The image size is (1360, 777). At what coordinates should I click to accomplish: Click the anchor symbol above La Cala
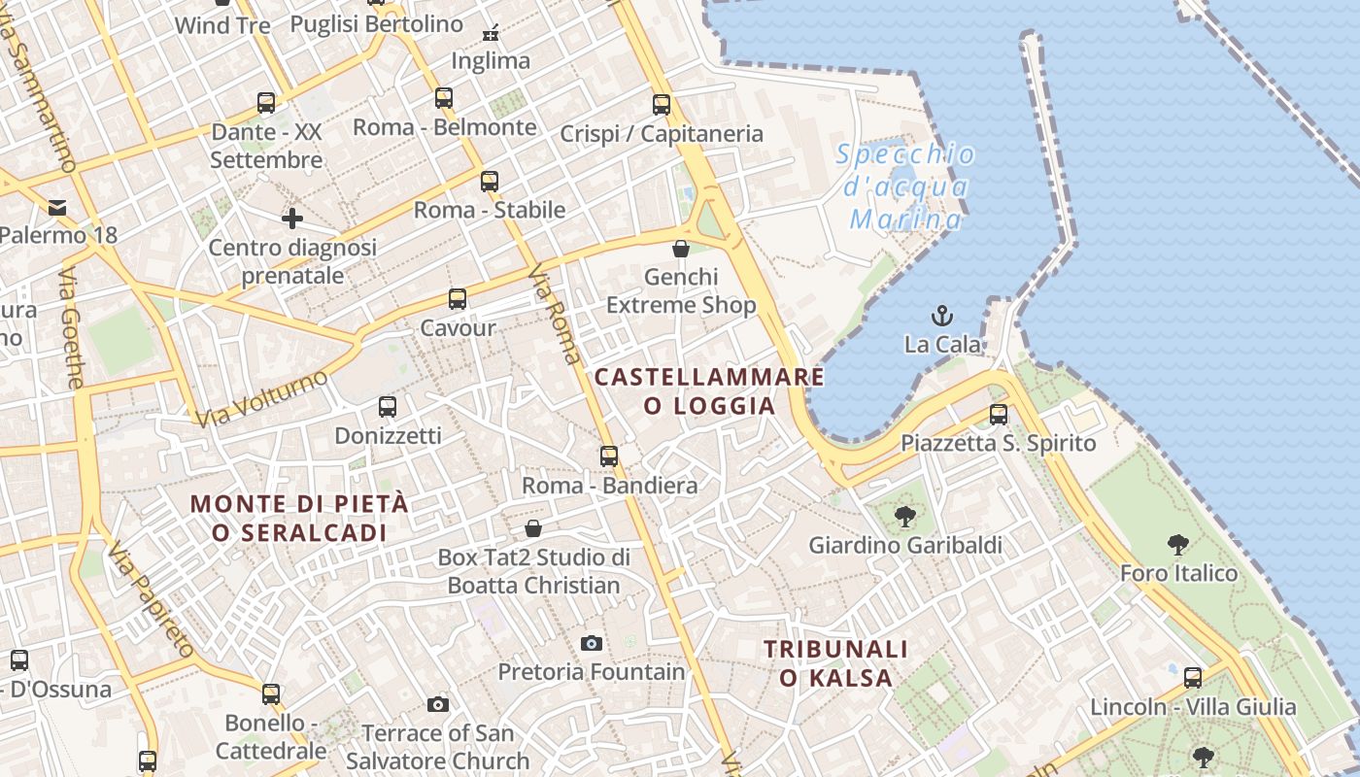point(941,316)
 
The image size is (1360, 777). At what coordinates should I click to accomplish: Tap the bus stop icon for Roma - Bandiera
point(609,456)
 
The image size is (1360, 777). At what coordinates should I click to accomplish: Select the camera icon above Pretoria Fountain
point(591,643)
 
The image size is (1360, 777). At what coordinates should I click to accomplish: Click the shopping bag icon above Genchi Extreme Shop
point(681,249)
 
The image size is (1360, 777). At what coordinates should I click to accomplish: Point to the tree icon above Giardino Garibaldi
point(904,516)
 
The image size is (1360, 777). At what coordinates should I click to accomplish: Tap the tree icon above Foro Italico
point(1178,544)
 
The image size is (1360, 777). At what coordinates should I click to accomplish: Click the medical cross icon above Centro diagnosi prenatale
point(291,219)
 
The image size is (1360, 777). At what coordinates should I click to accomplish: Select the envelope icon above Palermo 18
point(57,207)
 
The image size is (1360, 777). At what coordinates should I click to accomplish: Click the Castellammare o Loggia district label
point(709,391)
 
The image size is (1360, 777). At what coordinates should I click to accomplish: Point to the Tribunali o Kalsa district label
point(835,663)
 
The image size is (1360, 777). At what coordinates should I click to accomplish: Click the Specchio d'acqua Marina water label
point(905,186)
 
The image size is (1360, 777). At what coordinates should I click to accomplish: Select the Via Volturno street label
point(261,399)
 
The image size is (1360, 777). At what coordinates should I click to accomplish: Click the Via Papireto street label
point(152,600)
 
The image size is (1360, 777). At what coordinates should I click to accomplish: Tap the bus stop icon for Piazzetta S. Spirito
point(998,415)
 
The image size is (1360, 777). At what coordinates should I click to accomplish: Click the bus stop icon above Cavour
point(457,299)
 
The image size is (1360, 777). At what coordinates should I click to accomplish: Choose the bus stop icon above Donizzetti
point(387,407)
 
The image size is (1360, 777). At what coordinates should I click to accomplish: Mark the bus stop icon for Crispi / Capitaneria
point(662,105)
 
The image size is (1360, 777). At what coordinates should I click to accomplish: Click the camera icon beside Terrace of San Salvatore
point(438,704)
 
